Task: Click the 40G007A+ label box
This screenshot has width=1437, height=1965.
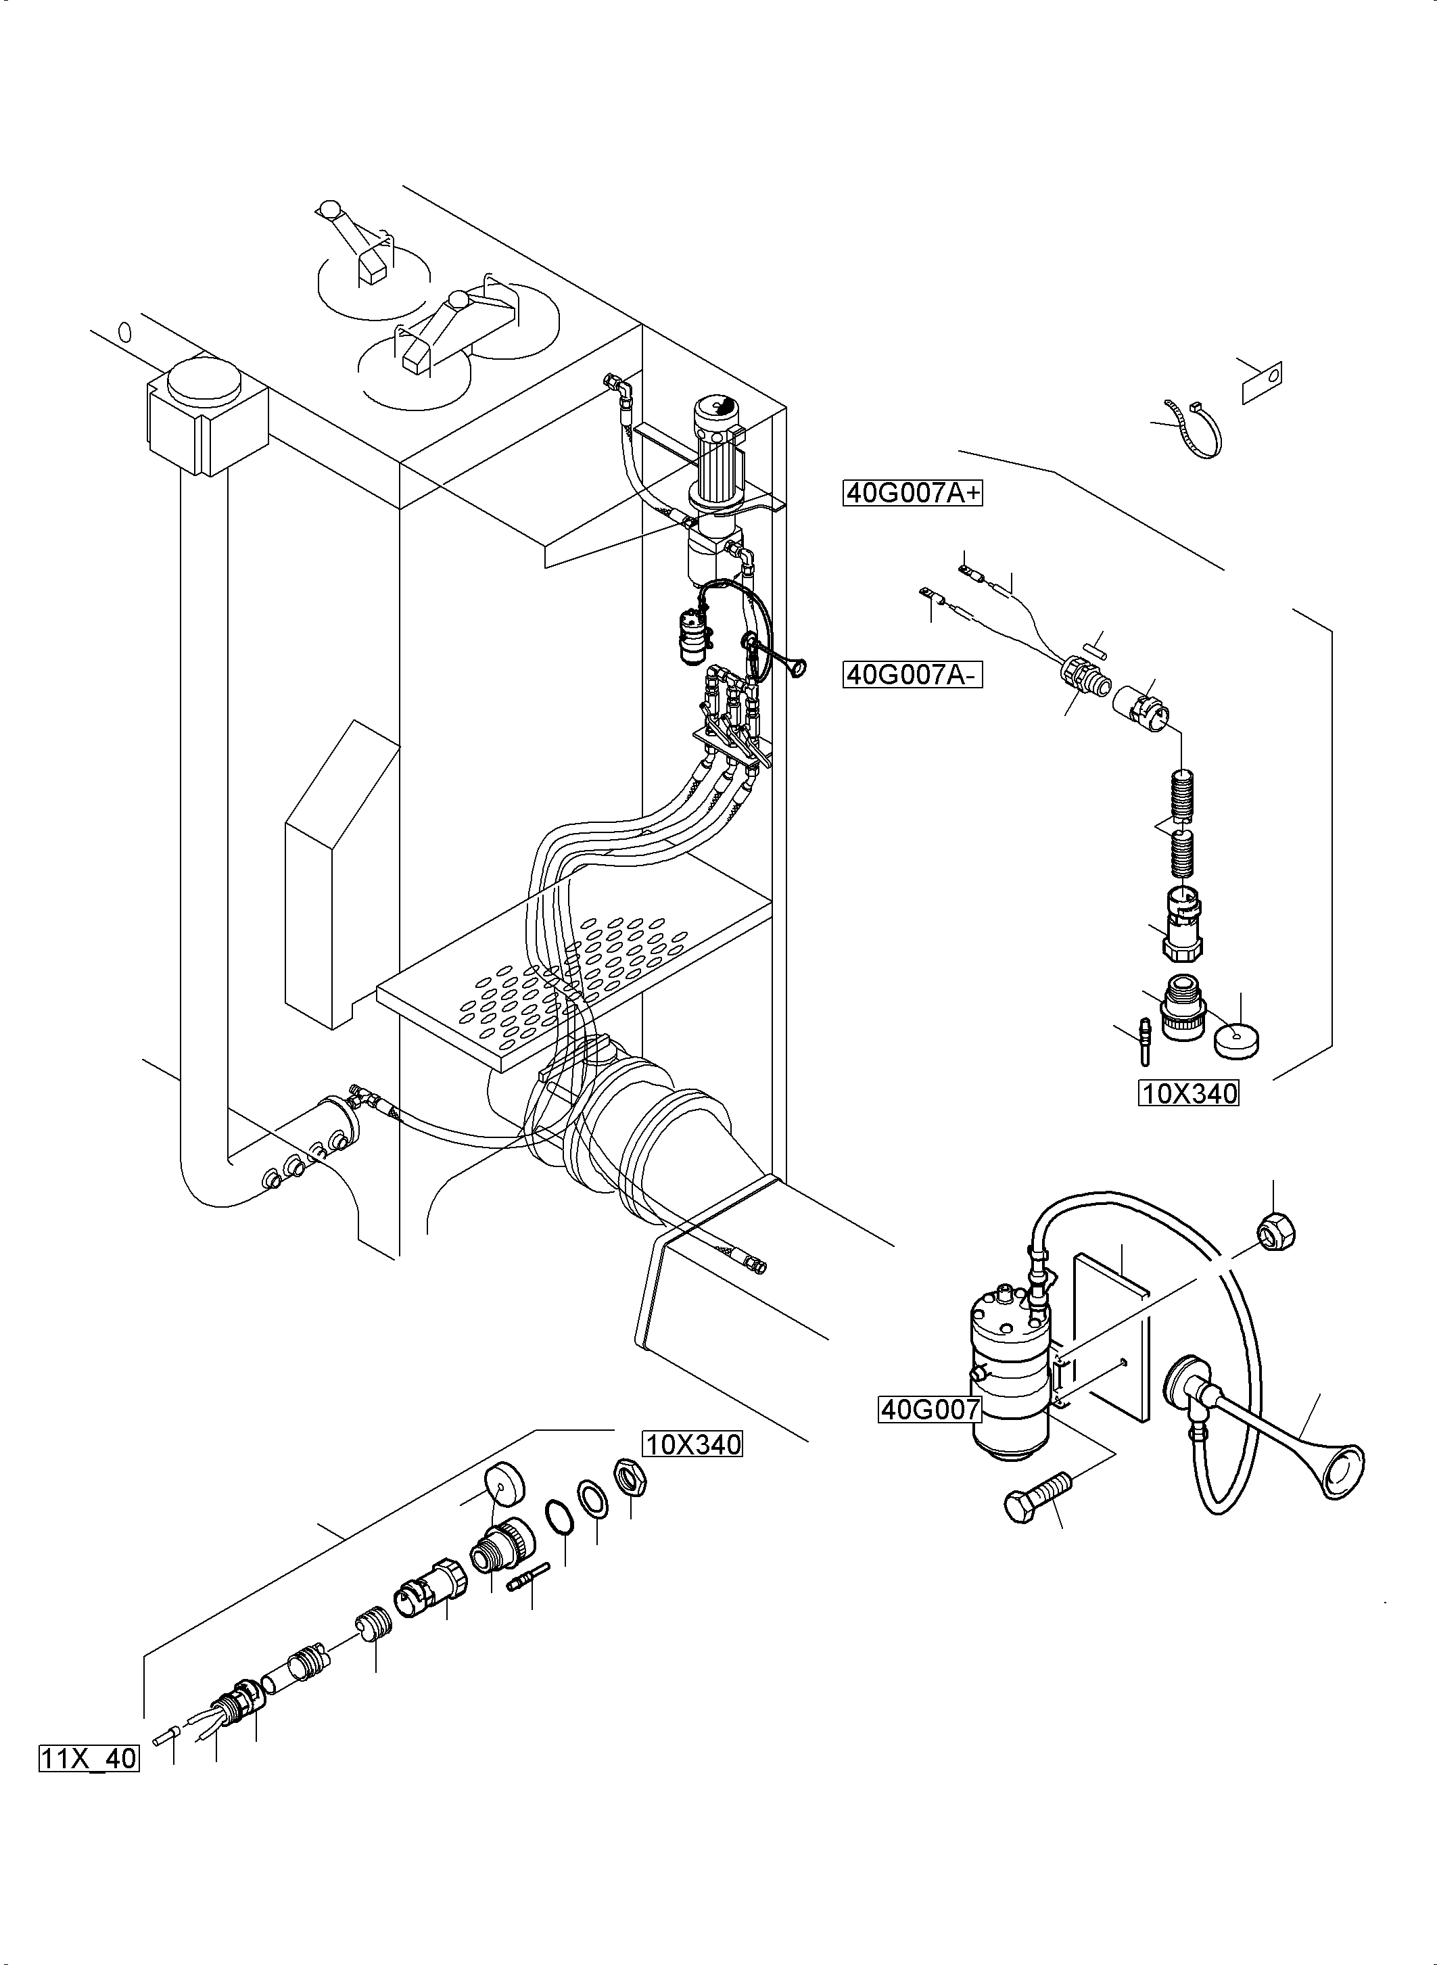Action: point(912,493)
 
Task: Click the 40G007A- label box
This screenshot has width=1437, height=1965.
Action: point(912,674)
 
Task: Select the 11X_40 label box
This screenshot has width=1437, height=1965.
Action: point(89,1758)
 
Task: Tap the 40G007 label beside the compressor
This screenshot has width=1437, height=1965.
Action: point(930,1408)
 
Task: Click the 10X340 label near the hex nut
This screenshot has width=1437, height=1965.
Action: point(692,1445)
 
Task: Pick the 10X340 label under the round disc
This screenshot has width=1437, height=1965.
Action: point(1188,1093)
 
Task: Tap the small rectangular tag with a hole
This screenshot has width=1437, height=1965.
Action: point(1262,380)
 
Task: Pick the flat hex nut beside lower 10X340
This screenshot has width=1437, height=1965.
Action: point(629,1477)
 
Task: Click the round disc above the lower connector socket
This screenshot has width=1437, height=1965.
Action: point(505,1484)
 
